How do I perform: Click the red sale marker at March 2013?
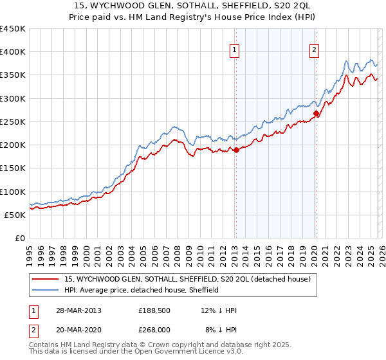(x=236, y=150)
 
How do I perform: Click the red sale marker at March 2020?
(x=316, y=114)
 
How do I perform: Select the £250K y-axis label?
(x=13, y=122)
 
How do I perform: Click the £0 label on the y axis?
(x=20, y=238)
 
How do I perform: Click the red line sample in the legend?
(x=46, y=279)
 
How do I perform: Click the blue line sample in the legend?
(x=46, y=290)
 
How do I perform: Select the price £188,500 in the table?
(x=154, y=310)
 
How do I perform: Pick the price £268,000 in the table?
(x=154, y=328)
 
